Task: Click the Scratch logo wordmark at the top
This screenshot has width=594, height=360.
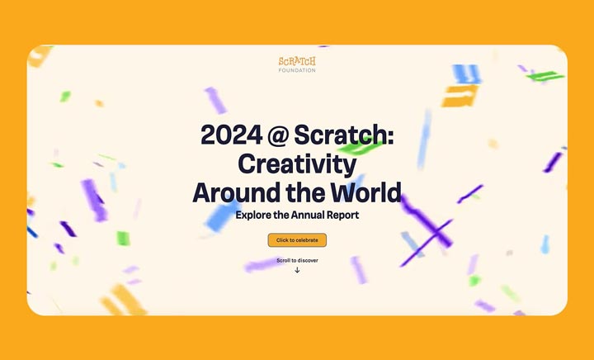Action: click(x=297, y=61)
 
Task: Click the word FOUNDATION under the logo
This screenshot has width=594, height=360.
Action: click(x=297, y=70)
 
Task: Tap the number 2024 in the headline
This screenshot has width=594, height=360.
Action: click(x=231, y=135)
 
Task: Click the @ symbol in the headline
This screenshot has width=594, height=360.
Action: click(x=278, y=135)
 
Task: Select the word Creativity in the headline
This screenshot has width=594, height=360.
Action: click(x=297, y=164)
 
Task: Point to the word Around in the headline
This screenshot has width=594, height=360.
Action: click(x=237, y=192)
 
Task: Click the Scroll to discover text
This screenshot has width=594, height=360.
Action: click(x=297, y=260)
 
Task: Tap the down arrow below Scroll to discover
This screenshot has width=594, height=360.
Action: click(x=297, y=270)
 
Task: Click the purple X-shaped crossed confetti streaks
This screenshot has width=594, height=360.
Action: click(x=427, y=230)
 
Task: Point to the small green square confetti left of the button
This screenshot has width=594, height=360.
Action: click(x=123, y=239)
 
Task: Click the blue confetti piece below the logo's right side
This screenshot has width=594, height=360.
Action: click(x=467, y=73)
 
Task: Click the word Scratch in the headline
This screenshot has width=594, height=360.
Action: click(x=344, y=135)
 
